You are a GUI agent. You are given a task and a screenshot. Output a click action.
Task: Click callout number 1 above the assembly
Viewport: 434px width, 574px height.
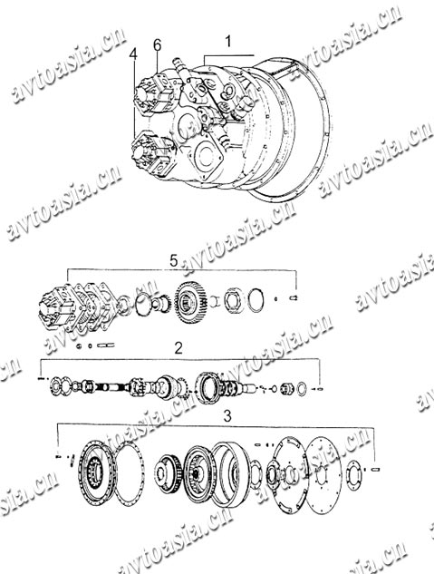tap(228, 42)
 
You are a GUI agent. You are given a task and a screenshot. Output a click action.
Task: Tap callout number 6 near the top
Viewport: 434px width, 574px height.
tap(157, 45)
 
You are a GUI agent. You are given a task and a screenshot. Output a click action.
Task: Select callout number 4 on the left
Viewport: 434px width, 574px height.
tap(133, 54)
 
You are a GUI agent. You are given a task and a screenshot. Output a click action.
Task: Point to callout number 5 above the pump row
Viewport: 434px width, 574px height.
tap(174, 261)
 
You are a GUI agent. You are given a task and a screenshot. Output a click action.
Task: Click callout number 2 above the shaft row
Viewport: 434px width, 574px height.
tap(178, 348)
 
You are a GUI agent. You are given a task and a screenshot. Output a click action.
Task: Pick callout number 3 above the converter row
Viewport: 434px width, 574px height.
tap(227, 416)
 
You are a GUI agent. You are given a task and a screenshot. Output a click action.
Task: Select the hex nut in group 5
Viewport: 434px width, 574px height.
tap(233, 300)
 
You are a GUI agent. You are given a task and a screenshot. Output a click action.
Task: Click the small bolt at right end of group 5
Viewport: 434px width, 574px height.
tap(294, 298)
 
